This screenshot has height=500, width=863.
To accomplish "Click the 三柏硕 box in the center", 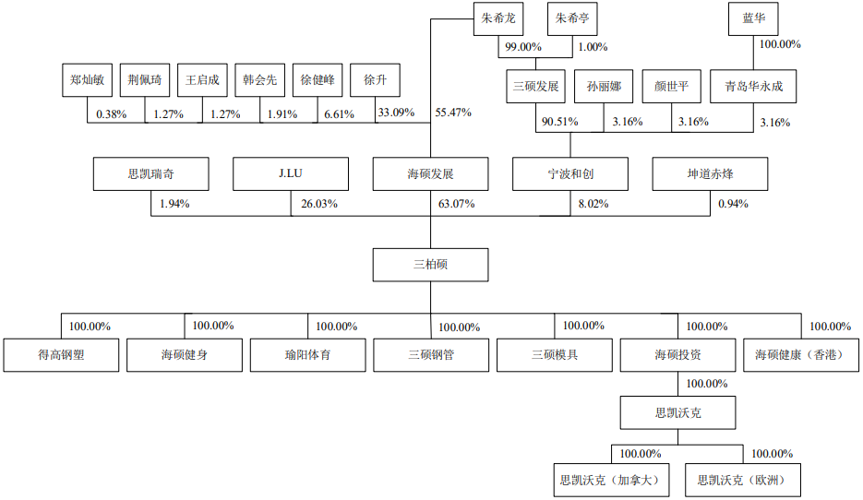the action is click(430, 265).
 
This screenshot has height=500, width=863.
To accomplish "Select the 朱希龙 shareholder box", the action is click(498, 18).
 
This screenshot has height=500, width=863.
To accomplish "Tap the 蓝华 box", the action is click(753, 18).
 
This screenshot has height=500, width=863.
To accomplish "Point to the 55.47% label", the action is click(453, 113).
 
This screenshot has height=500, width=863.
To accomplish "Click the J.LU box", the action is click(291, 173).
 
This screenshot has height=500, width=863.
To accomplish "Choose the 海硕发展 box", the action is click(430, 173).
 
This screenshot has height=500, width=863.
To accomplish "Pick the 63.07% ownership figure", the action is click(456, 204).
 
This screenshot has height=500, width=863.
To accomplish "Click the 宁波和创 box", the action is click(570, 173).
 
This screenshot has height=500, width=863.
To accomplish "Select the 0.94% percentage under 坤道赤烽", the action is click(733, 204).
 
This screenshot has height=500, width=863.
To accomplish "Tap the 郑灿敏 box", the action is click(87, 79).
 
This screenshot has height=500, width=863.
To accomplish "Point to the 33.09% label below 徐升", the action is click(396, 113).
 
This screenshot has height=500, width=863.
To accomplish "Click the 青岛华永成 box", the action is click(753, 87).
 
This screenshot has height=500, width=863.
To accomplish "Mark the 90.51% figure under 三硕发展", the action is click(559, 122).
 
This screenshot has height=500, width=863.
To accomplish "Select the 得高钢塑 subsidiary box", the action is click(61, 355).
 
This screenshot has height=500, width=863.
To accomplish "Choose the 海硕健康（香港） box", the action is click(801, 355).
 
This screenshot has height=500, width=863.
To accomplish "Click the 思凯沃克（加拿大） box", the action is click(611, 481).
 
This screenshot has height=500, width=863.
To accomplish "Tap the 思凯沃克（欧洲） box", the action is click(743, 481).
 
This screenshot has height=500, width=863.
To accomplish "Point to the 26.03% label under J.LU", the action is click(319, 204).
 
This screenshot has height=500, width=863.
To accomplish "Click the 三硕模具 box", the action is click(554, 355).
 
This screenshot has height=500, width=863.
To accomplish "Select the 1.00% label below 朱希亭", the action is click(593, 47).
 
